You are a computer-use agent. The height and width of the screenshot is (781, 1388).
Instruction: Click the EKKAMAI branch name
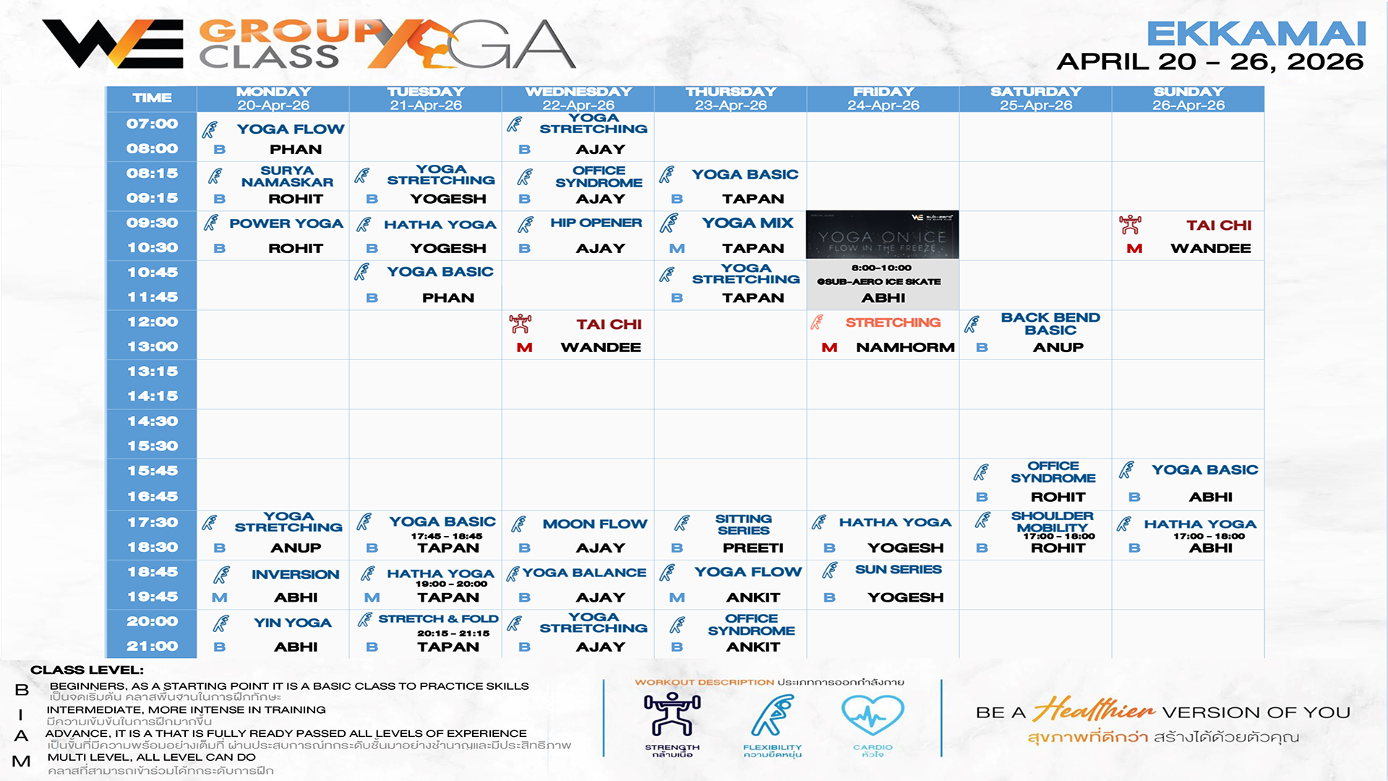tap(1256, 34)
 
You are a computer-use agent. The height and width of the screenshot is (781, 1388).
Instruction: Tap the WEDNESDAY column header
tap(578, 93)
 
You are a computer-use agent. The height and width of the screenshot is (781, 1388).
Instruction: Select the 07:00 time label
tap(152, 124)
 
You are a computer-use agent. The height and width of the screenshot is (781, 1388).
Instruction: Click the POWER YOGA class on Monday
tap(286, 223)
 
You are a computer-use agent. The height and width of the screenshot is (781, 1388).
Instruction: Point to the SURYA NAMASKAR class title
tap(287, 176)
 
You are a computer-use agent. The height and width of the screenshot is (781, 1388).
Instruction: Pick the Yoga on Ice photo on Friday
tap(882, 235)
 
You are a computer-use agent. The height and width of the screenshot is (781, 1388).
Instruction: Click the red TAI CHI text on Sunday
tap(1218, 225)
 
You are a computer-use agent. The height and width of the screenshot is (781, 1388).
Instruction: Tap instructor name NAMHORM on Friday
tap(905, 348)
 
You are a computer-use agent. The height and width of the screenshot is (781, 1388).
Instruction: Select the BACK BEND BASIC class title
tap(1050, 323)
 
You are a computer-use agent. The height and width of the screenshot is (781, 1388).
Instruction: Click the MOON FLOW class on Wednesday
tap(594, 524)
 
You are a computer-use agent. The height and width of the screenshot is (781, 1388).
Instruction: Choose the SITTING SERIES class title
tap(743, 524)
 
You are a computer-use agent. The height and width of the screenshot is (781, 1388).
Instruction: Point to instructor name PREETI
tap(753, 548)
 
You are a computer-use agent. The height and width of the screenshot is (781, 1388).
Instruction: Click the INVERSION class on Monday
tap(295, 574)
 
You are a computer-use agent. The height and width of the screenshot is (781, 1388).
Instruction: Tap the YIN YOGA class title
tap(292, 623)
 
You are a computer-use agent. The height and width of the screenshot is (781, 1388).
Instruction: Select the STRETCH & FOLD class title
tap(438, 619)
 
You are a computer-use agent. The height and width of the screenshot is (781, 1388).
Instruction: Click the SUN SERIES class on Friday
tap(898, 570)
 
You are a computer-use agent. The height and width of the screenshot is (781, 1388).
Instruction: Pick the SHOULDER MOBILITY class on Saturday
tap(1052, 521)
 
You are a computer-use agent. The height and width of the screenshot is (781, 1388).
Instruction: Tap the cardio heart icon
tap(873, 714)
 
